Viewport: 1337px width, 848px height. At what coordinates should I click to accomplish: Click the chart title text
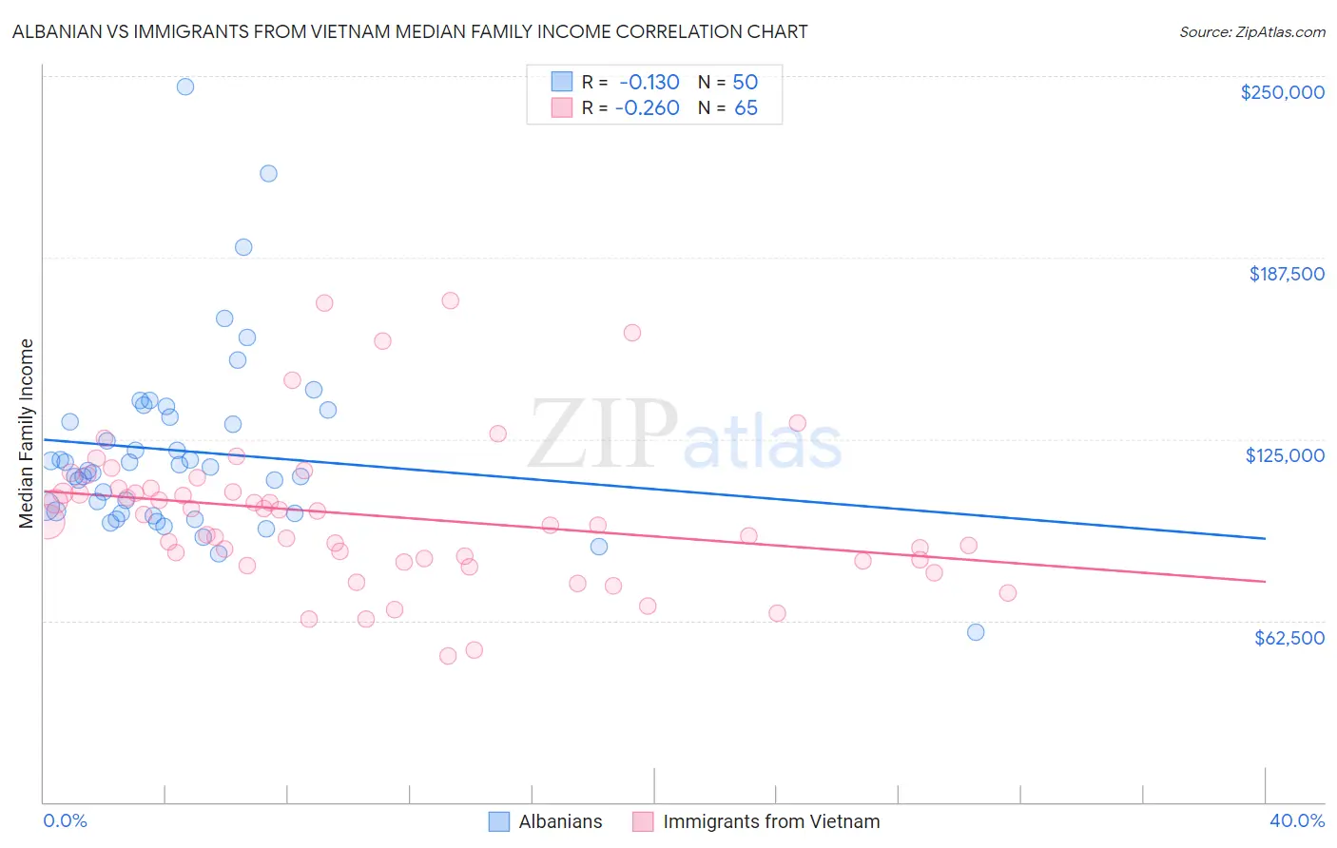coord(410,31)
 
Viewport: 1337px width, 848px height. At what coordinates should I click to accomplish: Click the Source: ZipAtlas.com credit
coord(1251,31)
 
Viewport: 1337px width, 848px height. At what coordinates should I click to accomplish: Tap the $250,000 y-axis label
coord(1282,92)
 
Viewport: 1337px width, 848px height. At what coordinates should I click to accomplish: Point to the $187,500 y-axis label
coord(1286,274)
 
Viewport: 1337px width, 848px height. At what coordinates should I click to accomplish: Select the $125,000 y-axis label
coord(1285,455)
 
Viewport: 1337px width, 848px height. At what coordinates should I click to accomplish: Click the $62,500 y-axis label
coord(1289,637)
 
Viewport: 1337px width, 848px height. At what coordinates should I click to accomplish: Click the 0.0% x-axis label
coord(65,820)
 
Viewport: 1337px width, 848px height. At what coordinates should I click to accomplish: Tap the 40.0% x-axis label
coord(1296,820)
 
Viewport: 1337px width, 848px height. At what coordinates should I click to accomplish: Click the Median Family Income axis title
coord(27,433)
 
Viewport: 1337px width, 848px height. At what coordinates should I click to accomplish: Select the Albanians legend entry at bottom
coord(559,821)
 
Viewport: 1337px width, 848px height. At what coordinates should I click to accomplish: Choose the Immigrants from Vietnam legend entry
coord(770,821)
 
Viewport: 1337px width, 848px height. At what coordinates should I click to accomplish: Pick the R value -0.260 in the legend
coord(647,107)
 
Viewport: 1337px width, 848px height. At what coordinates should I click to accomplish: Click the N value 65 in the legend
coord(746,107)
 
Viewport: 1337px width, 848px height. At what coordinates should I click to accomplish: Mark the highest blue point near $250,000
coord(185,87)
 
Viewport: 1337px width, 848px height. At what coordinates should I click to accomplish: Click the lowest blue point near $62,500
coord(975,632)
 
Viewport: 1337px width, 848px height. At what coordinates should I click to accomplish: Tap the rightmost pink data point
coord(1008,592)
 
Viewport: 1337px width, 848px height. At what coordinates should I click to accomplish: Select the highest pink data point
coord(451,300)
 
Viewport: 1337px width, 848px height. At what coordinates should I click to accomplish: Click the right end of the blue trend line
coord(1265,538)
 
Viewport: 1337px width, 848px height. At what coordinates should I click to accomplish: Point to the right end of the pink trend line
coord(1265,581)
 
